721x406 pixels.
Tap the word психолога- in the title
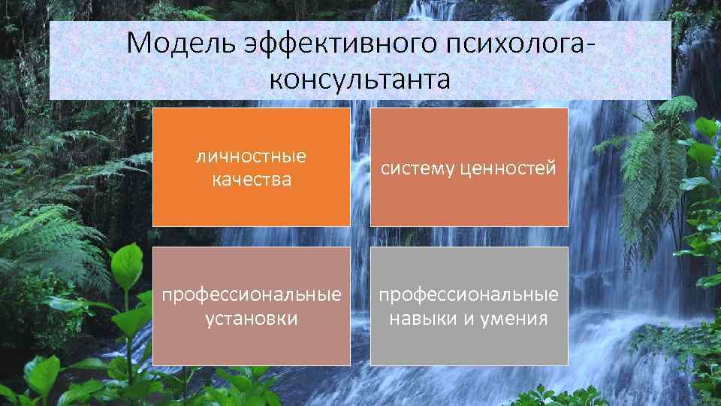point(517,44)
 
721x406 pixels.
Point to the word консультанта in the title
point(360,78)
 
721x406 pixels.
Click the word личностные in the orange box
point(251,156)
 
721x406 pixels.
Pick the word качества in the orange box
point(251,180)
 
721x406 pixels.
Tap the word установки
point(251,318)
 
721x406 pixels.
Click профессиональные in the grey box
point(469,294)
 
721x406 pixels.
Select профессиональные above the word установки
point(251,294)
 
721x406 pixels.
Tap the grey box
point(469,346)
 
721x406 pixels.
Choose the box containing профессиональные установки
point(251,346)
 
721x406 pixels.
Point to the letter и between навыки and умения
point(467,319)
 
